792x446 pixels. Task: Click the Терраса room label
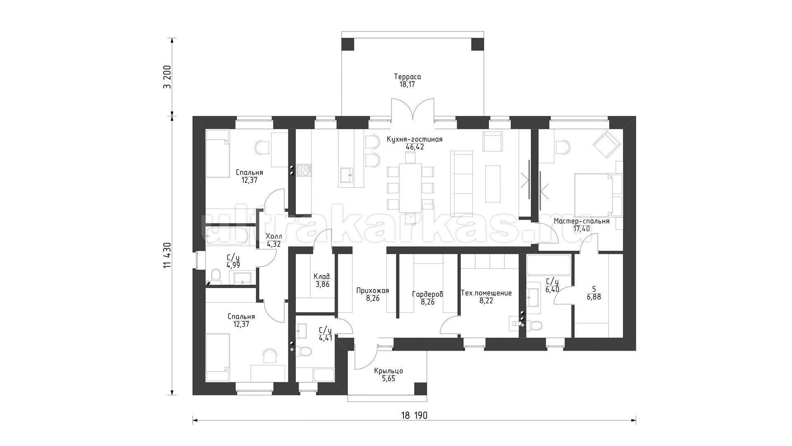pos(407,77)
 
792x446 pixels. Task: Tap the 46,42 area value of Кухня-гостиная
pos(414,147)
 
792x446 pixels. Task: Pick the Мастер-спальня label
pos(581,221)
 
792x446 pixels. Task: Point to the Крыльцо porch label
pos(388,371)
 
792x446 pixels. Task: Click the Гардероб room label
pos(427,294)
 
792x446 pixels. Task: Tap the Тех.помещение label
pos(486,293)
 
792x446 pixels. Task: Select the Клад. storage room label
pos(322,277)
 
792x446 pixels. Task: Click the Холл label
pos(273,236)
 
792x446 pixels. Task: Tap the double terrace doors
pos(412,110)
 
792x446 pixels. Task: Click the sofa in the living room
pos(461,184)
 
